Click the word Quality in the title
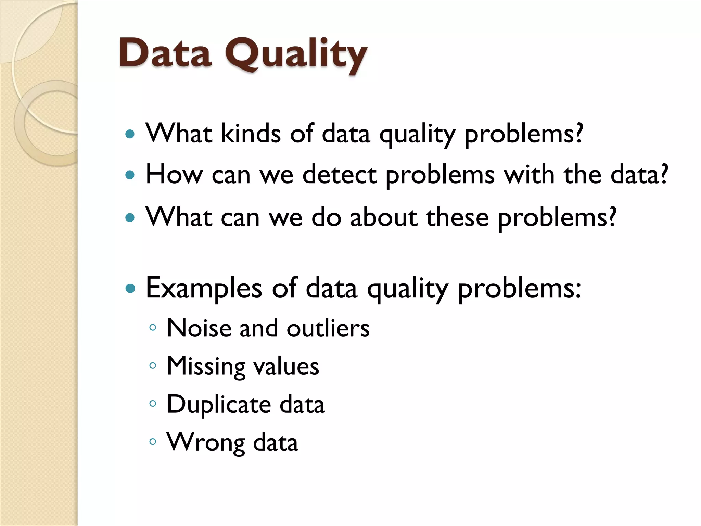(296, 55)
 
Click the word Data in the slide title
(165, 53)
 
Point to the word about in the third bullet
(383, 217)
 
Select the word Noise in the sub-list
(199, 328)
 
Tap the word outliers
(328, 328)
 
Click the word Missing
(206, 367)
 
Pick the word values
(286, 366)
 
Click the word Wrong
(206, 443)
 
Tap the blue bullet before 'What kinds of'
(130, 134)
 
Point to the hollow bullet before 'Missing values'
(153, 366)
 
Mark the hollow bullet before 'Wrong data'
(153, 442)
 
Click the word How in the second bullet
(174, 175)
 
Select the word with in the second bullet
(529, 175)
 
